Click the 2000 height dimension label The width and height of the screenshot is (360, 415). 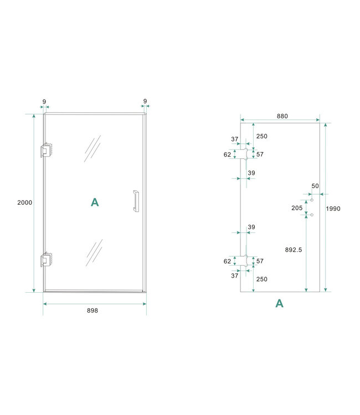tap(24, 203)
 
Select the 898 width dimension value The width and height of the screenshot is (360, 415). tap(92, 310)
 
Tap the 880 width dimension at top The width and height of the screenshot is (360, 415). tap(282, 116)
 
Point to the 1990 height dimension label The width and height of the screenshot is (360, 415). tap(333, 209)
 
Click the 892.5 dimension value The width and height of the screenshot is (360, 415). tap(292, 250)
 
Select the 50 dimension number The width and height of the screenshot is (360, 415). tap(315, 186)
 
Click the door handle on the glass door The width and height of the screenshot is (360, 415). tap(135, 201)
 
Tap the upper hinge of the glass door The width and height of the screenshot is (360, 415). tap(46, 151)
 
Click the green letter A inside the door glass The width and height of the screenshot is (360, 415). tap(95, 203)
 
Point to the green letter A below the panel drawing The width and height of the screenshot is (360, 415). tap(279, 303)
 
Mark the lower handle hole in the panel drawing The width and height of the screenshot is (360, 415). tap(312, 215)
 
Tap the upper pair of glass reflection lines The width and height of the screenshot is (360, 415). tap(92, 148)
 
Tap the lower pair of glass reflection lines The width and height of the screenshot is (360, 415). tap(94, 253)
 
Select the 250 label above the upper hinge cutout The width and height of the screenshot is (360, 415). tap(262, 136)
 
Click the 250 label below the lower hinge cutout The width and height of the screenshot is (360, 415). tap(262, 279)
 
